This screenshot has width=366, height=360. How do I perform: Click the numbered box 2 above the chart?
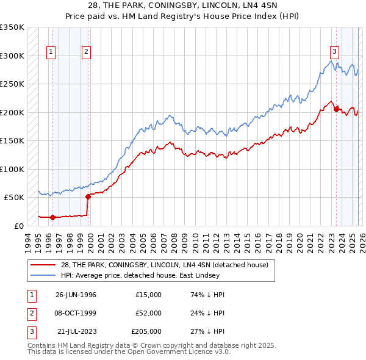(x=87, y=52)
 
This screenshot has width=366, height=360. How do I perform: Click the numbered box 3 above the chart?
(x=335, y=52)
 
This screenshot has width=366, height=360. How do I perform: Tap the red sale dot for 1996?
(x=52, y=217)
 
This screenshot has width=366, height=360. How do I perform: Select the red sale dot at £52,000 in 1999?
(x=87, y=196)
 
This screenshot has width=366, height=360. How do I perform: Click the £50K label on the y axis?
(x=14, y=197)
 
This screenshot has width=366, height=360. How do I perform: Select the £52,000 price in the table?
(x=148, y=313)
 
